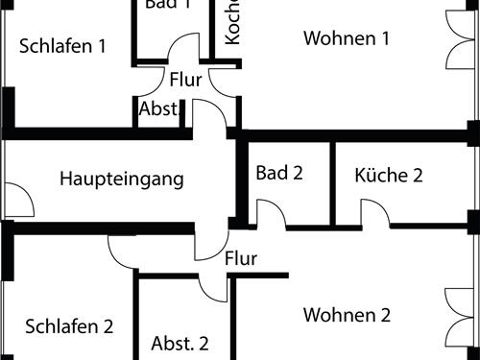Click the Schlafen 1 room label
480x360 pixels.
point(61,45)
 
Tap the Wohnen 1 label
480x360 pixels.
point(347,38)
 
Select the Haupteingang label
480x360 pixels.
point(121,179)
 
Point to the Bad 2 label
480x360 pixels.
point(279,174)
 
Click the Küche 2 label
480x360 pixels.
point(389,175)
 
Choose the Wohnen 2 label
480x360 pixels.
point(347,315)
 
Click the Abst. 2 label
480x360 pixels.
point(180,343)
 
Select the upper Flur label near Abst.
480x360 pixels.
point(185,80)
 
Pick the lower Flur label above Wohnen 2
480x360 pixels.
point(241,258)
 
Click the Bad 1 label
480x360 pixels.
point(168,4)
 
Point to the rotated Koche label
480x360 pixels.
point(232,21)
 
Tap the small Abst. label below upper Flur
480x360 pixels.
point(159,109)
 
